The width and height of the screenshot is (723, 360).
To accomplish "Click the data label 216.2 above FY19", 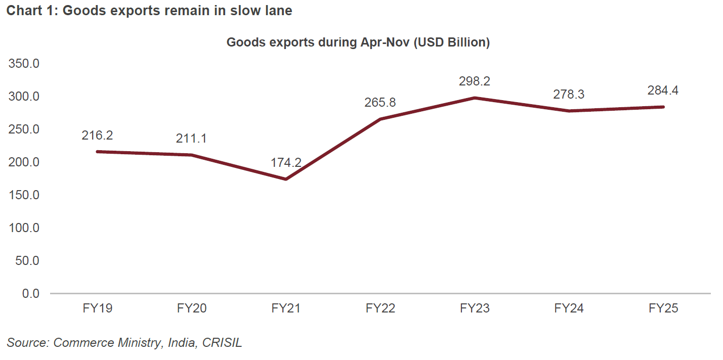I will (97, 136).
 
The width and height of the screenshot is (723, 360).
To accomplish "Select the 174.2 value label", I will (286, 163).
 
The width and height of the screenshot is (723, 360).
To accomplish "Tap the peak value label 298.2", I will (475, 81).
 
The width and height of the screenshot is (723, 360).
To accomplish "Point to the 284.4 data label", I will (663, 91).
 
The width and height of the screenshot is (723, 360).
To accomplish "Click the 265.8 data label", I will (380, 103).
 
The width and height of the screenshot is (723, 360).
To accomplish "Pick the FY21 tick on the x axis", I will (286, 308).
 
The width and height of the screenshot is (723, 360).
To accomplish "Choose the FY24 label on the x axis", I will (569, 308).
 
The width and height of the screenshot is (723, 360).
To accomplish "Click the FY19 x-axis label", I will (97, 308).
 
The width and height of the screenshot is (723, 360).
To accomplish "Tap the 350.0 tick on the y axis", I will (23, 64).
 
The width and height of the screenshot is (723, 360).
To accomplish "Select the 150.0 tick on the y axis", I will (23, 195).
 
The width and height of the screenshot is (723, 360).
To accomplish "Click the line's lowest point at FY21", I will (286, 179).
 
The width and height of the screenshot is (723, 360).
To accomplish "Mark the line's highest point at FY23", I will (475, 98).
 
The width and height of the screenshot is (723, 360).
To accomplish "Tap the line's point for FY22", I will (380, 119).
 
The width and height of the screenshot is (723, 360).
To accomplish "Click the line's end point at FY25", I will (663, 107).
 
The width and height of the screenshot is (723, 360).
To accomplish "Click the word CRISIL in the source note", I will (222, 343).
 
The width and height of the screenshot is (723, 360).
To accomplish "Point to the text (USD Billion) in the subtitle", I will (452, 42).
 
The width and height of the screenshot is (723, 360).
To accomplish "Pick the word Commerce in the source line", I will (83, 343).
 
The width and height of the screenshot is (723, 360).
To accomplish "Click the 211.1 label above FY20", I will (191, 139).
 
